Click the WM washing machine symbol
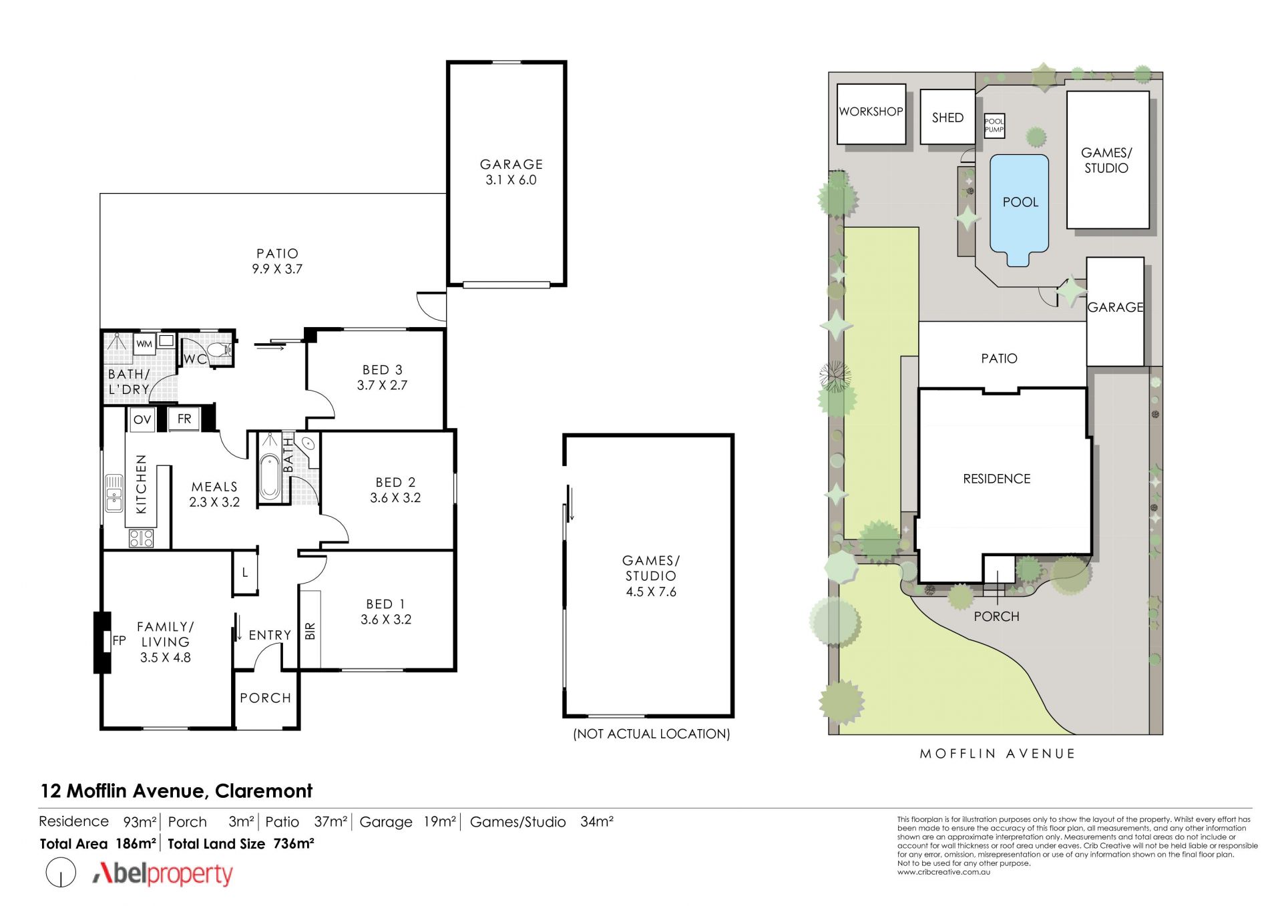144,344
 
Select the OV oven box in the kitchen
142,419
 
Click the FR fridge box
184,419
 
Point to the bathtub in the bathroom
270,477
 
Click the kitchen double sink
114,493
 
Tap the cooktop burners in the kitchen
141,538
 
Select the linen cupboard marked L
245,572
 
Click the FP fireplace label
119,641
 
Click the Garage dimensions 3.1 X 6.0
511,180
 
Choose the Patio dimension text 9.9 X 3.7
277,269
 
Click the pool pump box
994,126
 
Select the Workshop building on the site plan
871,114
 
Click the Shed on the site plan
947,117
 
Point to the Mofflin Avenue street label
998,754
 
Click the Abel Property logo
163,873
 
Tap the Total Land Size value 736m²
294,843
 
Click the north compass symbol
61,873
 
